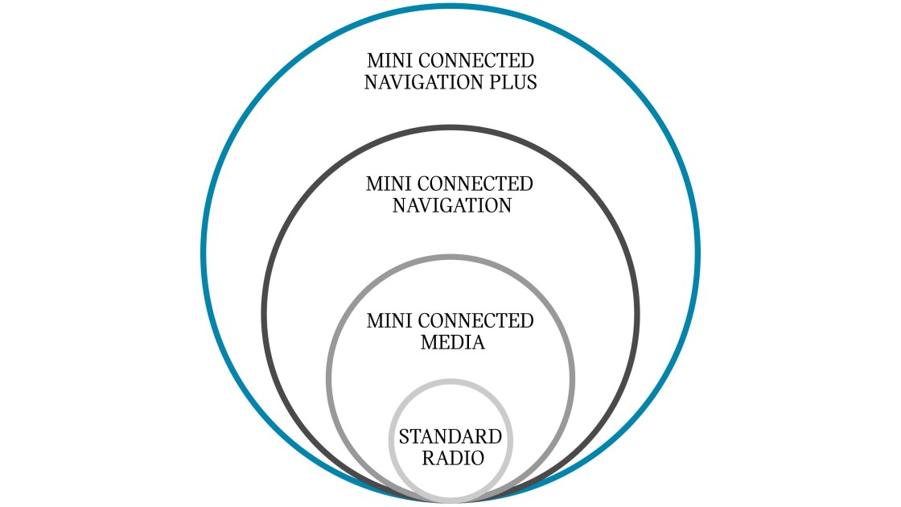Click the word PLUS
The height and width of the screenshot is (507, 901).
pos(512,82)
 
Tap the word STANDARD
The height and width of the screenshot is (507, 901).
pos(450,438)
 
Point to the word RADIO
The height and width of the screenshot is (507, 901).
pos(450,460)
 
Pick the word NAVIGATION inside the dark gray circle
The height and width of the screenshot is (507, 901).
pos(452,205)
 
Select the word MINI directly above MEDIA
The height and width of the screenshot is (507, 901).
pos(385,321)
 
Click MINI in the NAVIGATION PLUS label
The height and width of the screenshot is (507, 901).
pos(385,60)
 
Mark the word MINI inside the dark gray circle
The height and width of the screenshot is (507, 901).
pos(385,183)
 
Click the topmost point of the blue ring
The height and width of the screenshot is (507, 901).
pos(450,6)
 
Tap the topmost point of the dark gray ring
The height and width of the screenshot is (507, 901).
pos(450,127)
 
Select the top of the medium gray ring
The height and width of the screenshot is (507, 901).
pos(450,257)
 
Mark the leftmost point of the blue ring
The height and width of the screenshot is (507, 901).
pos(204,253)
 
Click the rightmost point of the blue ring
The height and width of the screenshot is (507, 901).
pos(697,253)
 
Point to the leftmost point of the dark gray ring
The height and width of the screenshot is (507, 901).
pos(264,314)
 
